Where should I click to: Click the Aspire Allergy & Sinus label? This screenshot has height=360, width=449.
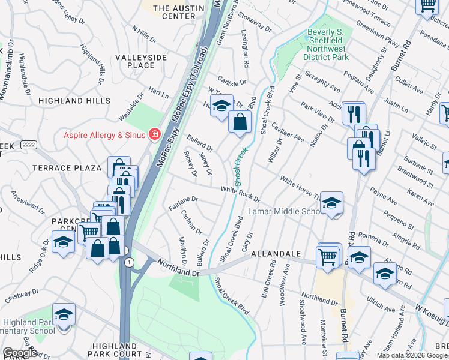pos(104,134)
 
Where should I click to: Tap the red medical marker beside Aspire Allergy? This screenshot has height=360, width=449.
pos(155,134)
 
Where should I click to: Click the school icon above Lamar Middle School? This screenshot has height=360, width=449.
pos(331,203)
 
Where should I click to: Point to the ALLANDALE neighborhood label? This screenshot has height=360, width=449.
pos(276,254)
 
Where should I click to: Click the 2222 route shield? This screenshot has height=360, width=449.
pos(28,145)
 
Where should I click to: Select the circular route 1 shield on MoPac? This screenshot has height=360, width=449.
pos(128,262)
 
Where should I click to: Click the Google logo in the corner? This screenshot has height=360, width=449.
pos(20,353)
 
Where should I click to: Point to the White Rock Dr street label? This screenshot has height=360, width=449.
pos(240,193)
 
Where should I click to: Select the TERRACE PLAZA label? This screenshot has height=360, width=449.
pos(75,167)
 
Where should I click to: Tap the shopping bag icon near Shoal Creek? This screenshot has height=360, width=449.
pos(240,122)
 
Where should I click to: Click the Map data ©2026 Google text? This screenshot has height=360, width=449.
pos(412,355)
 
